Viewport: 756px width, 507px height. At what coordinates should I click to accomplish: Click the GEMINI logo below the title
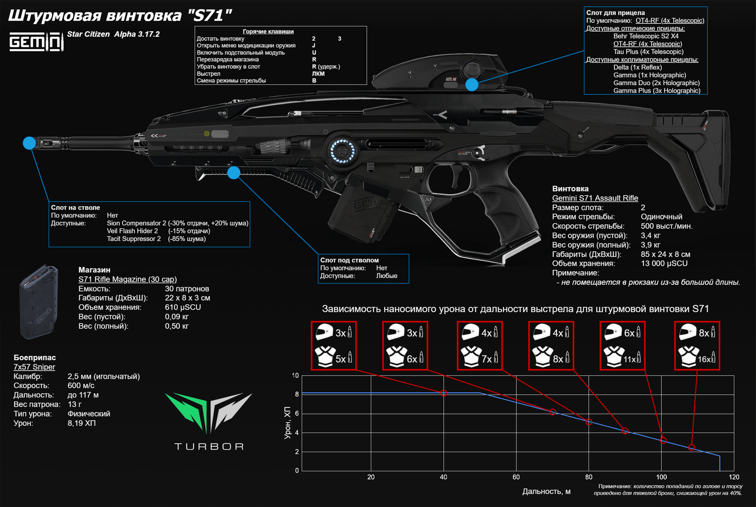pos(36,41)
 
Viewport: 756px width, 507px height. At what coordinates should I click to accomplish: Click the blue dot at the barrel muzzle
pos(29,143)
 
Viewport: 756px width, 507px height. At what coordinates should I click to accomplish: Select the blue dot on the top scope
pos(471,85)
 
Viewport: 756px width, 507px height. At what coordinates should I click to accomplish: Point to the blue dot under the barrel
pos(234,173)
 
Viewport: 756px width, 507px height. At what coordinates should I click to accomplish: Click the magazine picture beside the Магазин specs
pos(38,301)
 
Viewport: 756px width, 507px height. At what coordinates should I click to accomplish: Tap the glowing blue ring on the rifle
pos(342,150)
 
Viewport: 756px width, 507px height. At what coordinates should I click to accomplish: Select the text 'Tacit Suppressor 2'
pos(134,239)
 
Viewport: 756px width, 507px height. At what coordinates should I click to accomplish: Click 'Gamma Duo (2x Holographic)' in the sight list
pos(656,83)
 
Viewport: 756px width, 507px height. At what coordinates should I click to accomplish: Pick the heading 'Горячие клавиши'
pos(268,32)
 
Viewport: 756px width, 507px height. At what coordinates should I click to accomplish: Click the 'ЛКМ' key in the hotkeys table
pos(318,73)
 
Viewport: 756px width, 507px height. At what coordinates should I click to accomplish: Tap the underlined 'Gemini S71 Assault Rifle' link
pos(595,198)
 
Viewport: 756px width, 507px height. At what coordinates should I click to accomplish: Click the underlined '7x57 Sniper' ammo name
pos(34,367)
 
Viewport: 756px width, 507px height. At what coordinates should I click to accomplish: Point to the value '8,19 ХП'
pos(82,423)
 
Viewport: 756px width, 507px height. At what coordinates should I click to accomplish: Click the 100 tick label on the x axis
pos(661,477)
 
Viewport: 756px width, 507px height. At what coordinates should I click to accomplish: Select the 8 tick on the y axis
pos(296,394)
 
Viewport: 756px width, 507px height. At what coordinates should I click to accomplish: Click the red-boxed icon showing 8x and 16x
pos(697,345)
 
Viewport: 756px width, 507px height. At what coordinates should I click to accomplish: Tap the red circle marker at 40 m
pos(444,393)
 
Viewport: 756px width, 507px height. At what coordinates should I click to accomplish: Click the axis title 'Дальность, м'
pos(546,491)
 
